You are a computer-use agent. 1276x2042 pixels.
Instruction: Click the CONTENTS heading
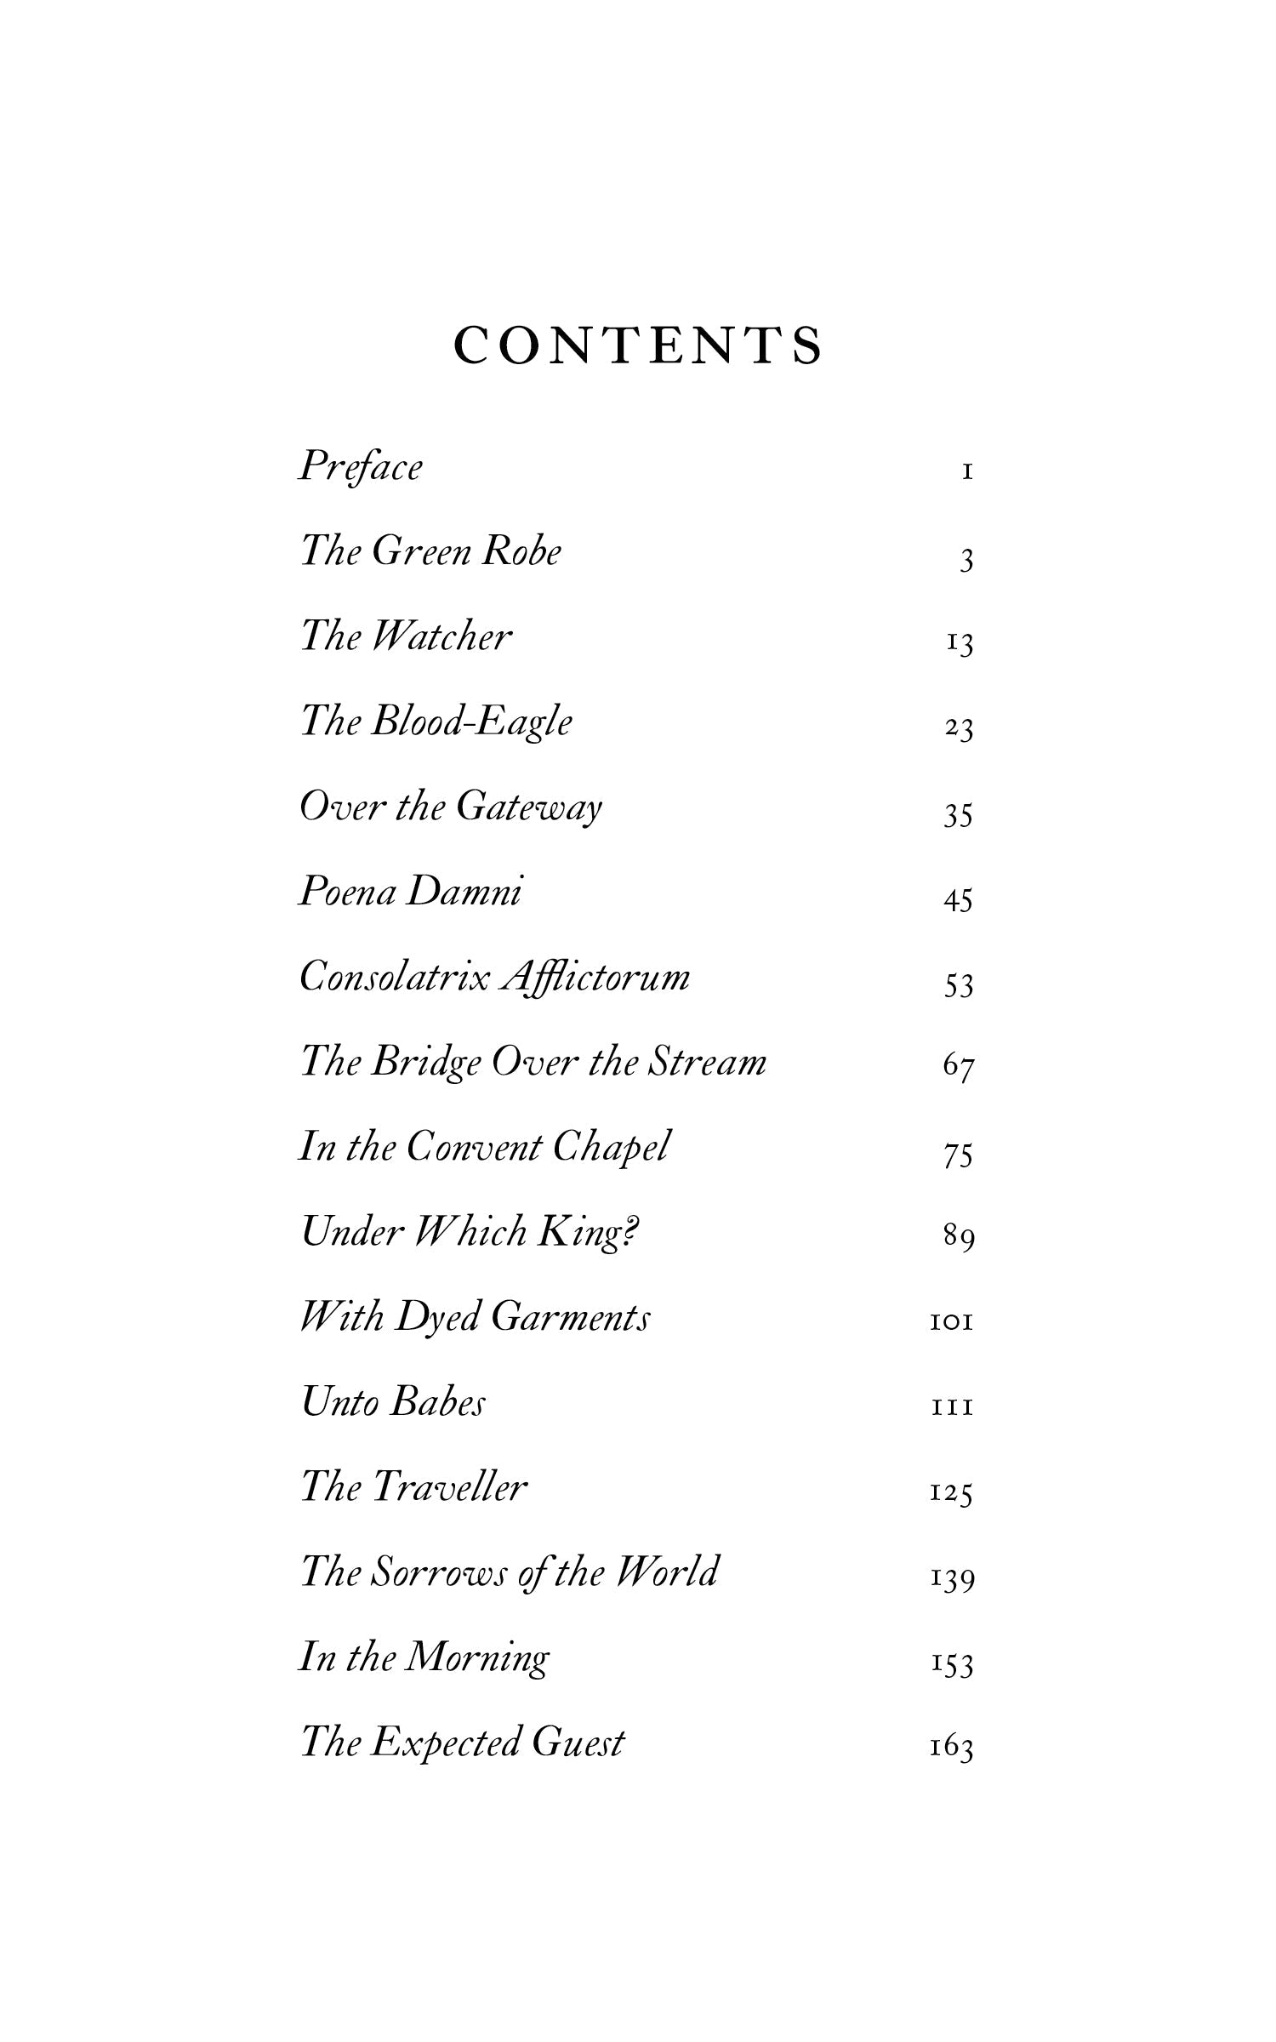[x=638, y=345]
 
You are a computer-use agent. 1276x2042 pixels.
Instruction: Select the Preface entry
[x=360, y=467]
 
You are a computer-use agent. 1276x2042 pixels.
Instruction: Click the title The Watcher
[x=406, y=636]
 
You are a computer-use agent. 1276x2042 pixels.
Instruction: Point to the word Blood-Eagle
[x=470, y=722]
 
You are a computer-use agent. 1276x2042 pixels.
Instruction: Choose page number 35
[x=958, y=815]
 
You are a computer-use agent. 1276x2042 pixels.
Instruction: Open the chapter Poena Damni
[x=410, y=892]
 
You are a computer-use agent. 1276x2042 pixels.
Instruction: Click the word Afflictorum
[x=595, y=978]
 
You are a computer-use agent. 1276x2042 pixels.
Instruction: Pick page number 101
[x=951, y=1322]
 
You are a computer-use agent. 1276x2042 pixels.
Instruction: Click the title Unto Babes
[x=393, y=1402]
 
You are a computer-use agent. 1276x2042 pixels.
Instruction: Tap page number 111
[x=952, y=1409]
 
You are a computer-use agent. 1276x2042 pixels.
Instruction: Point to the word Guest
[x=578, y=1742]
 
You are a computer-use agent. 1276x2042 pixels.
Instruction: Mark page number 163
[x=951, y=1748]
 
